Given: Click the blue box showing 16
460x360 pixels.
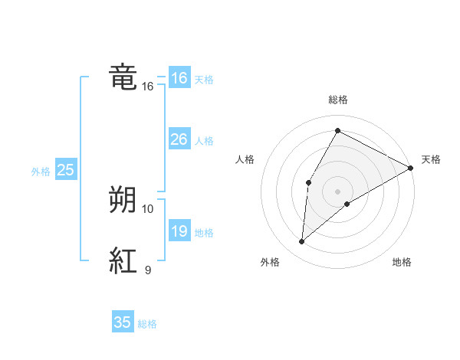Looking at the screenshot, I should [x=179, y=78].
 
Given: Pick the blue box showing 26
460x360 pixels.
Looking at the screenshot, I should [x=179, y=139].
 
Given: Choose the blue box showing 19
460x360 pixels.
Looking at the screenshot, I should [x=179, y=231].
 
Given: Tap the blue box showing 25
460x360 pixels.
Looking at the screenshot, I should [x=65, y=170].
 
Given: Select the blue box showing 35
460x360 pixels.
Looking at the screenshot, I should [x=123, y=322].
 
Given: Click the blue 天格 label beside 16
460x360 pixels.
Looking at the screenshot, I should [x=204, y=80].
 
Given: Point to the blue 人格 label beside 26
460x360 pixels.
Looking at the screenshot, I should [x=204, y=141].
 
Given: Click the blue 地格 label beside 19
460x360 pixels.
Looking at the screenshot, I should [x=204, y=233].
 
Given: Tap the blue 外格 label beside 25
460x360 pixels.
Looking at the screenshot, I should [x=41, y=172].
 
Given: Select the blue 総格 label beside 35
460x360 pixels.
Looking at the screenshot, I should [x=147, y=324].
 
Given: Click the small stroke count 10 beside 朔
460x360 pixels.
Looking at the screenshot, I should [x=148, y=208].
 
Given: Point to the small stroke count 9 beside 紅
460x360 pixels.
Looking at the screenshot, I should [x=148, y=270].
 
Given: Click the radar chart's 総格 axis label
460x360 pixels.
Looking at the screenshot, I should [x=337, y=100].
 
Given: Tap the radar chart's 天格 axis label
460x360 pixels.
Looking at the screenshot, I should [x=431, y=159].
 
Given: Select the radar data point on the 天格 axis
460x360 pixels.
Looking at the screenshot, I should [x=411, y=168].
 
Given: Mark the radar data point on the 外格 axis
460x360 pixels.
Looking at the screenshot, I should [x=302, y=242].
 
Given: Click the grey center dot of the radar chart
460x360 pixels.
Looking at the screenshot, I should [x=337, y=191].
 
